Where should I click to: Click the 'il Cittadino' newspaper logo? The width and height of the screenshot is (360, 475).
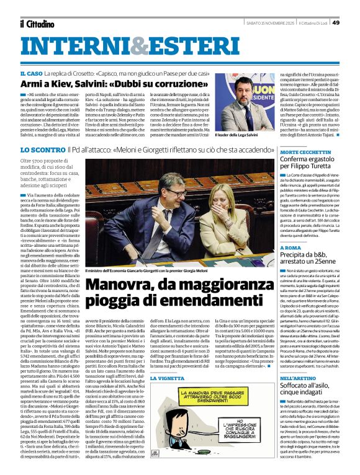pos(38,24)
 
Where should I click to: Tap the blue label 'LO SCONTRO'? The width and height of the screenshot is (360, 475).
pos(43,150)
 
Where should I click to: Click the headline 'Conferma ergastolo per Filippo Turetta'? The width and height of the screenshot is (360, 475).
pos(314,164)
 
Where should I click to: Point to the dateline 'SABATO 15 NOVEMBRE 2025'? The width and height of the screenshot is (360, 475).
pos(269,23)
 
